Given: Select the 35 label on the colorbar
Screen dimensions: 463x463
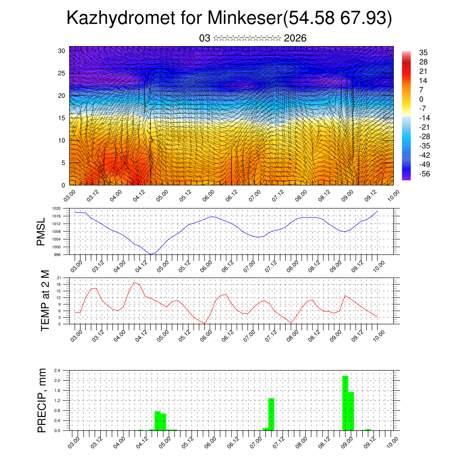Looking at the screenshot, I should (423, 52).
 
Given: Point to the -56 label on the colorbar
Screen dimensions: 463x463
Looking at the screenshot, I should (425, 174).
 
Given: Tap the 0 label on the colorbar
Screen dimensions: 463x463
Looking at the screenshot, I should (421, 99).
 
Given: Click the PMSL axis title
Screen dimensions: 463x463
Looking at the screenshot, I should (42, 231).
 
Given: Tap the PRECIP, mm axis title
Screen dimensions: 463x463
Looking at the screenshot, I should (42, 400).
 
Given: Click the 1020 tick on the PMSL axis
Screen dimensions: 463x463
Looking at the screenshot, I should (56, 208).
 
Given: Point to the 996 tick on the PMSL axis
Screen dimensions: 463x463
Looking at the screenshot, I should (57, 255).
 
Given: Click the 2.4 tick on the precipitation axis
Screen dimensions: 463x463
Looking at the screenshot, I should (57, 370).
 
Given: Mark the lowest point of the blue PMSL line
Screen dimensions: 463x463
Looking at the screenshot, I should (151, 255).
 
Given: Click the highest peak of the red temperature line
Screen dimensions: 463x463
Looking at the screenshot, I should (135, 282).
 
